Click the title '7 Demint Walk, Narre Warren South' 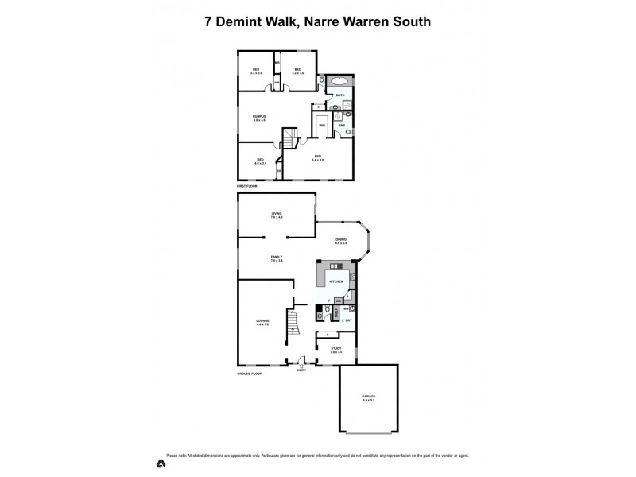click(318, 22)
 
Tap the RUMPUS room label click(258, 118)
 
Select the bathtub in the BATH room click(338, 81)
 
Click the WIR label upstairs click(322, 126)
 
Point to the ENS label click(342, 126)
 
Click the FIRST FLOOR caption click(247, 185)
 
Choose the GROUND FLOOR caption click(250, 373)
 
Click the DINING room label click(340, 241)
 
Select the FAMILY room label click(277, 258)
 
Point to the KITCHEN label click(336, 282)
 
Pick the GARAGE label click(368, 397)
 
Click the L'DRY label click(347, 320)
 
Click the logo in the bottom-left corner click(161, 463)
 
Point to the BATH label click(340, 95)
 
